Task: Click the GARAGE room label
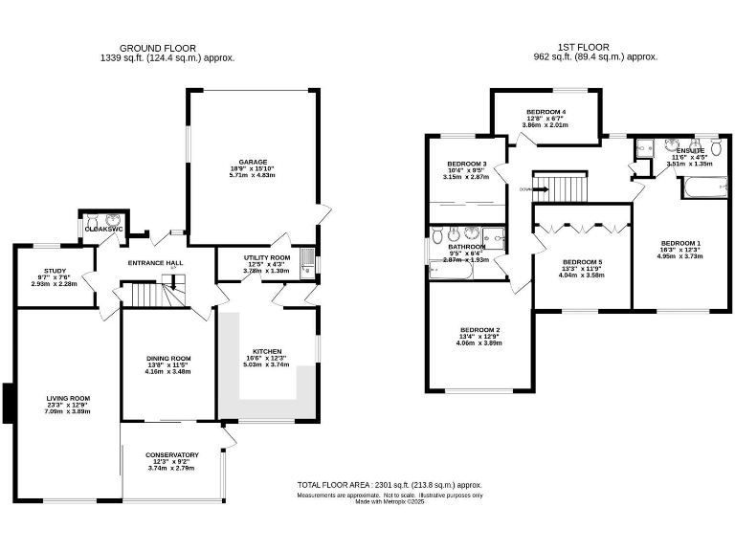click(x=253, y=162)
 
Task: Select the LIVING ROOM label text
click(x=68, y=398)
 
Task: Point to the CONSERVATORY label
click(x=172, y=454)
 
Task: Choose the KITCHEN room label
click(x=266, y=351)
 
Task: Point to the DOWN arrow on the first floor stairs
click(x=525, y=189)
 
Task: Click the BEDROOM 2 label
click(x=480, y=330)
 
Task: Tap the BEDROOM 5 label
click(x=582, y=262)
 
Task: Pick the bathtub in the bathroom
click(x=450, y=273)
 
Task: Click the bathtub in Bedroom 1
click(x=704, y=190)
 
